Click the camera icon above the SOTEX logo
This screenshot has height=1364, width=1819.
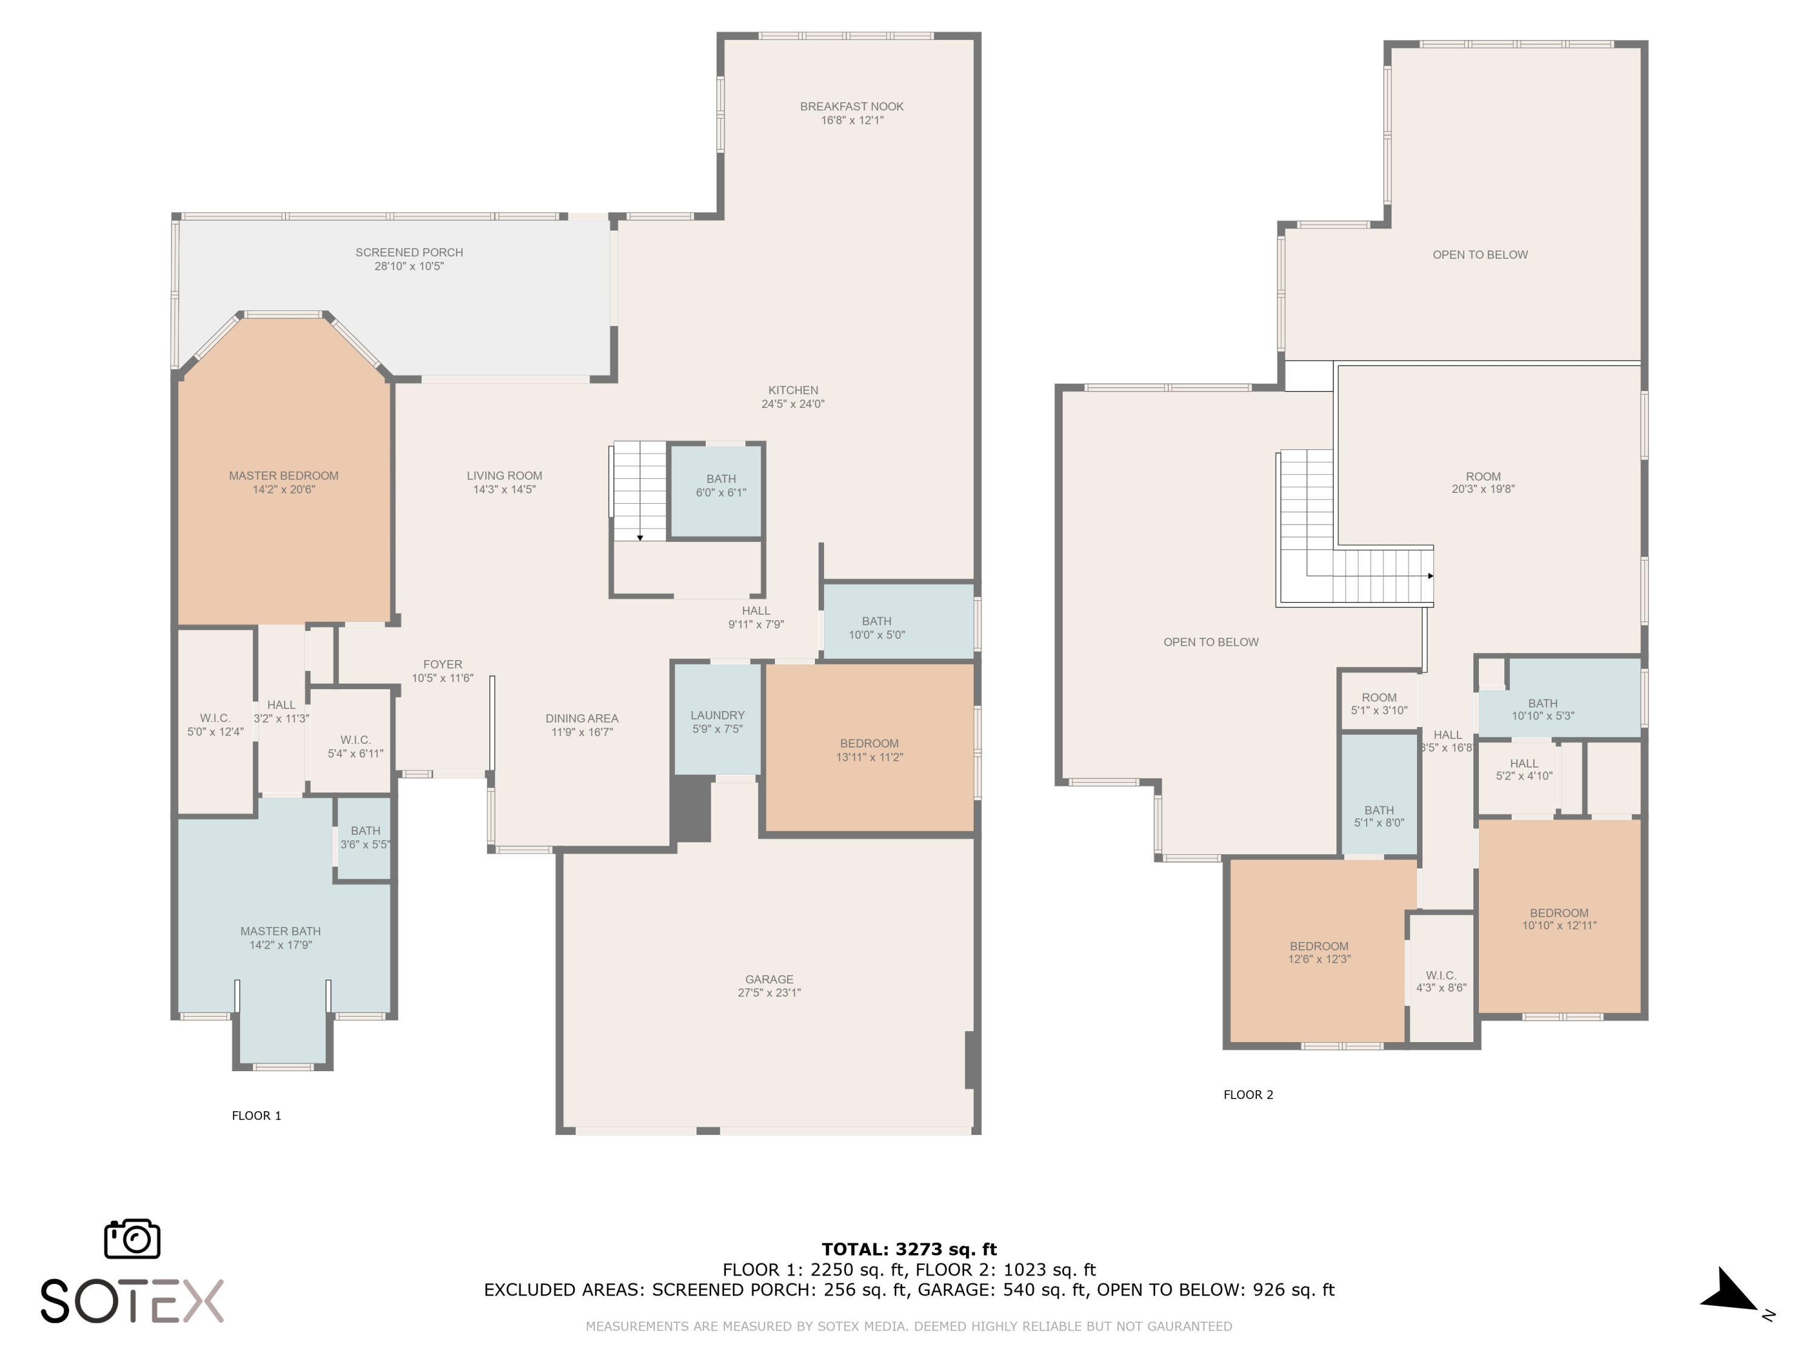(x=132, y=1238)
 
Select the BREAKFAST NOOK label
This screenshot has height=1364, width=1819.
(x=852, y=106)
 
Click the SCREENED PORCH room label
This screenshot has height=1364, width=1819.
(x=409, y=252)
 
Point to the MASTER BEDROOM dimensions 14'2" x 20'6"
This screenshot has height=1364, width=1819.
(x=284, y=490)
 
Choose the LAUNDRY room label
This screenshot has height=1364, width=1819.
(x=718, y=715)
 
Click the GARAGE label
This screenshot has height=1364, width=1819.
(x=769, y=979)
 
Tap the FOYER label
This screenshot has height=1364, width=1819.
(x=443, y=664)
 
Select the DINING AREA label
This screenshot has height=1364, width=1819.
(x=581, y=718)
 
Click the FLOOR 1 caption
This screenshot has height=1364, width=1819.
(x=256, y=1115)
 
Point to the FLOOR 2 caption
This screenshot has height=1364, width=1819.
(x=1248, y=1094)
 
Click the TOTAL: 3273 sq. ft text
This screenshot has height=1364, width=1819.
(x=909, y=1249)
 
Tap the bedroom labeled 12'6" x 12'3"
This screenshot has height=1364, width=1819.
(x=1319, y=952)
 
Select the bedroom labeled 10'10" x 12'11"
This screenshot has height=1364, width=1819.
(x=1559, y=919)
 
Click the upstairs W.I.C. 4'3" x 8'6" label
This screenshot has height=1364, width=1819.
(x=1441, y=981)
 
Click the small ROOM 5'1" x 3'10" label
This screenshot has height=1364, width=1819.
(x=1379, y=704)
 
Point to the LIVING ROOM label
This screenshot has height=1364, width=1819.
(x=504, y=476)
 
